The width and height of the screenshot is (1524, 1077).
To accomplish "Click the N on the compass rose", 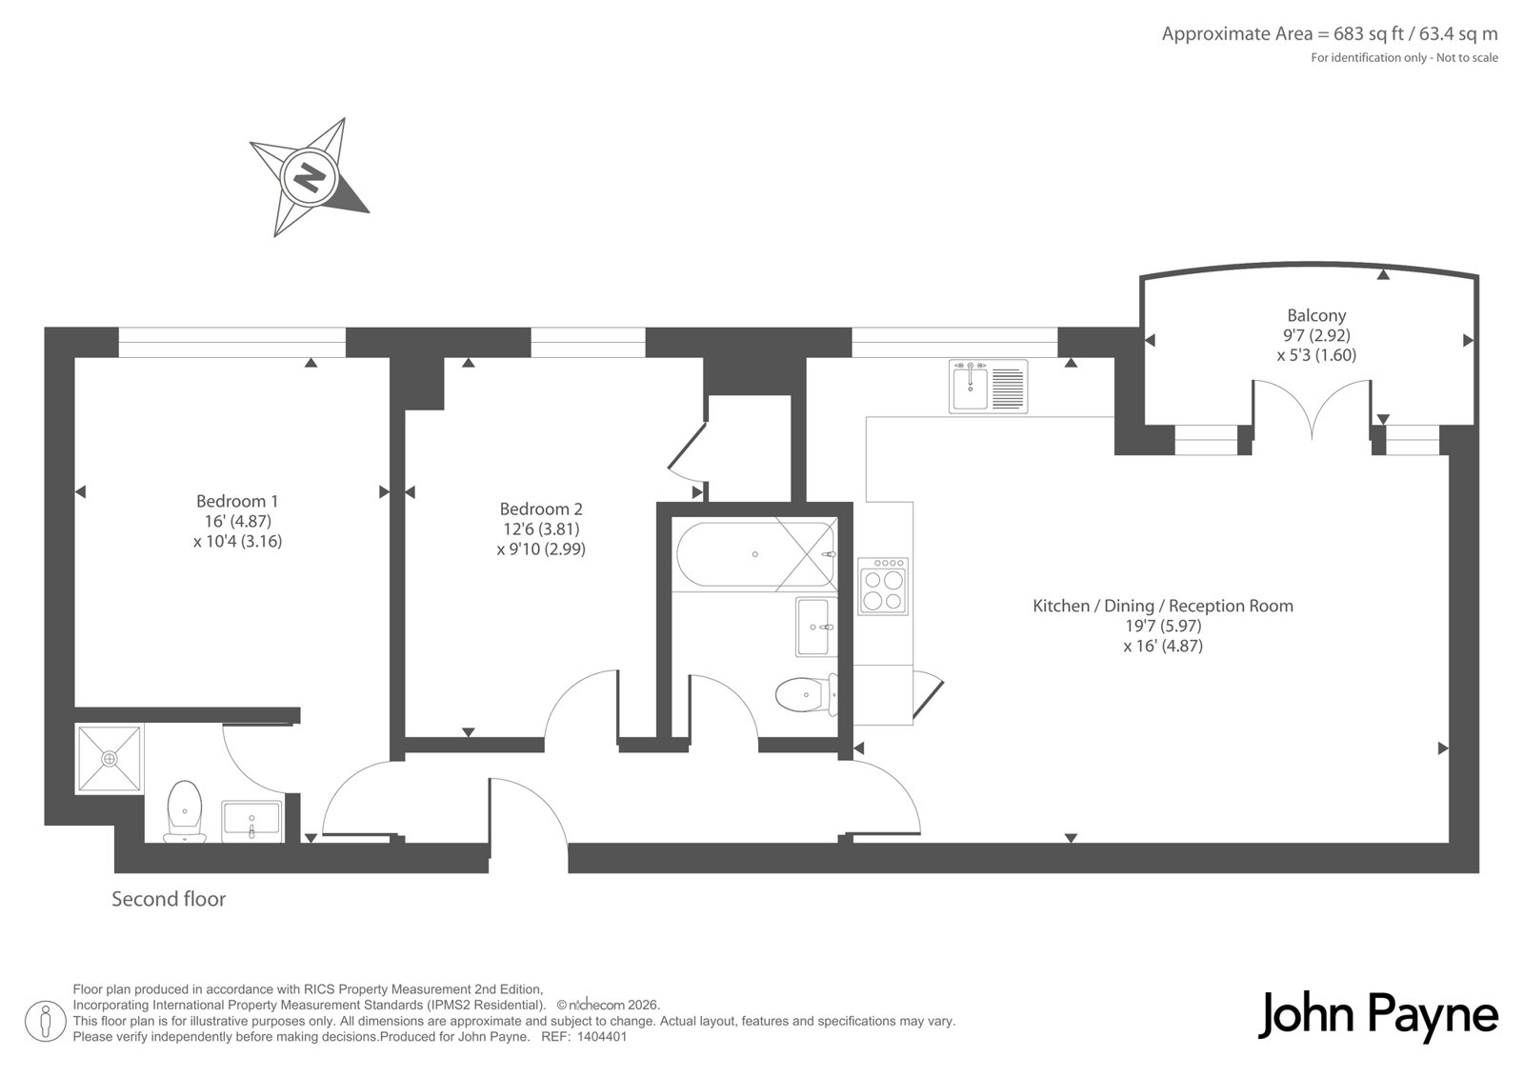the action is [311, 178].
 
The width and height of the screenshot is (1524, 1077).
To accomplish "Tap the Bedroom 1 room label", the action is [237, 502].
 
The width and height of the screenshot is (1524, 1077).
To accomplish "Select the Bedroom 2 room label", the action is [541, 509].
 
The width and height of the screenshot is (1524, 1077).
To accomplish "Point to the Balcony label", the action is [1316, 316].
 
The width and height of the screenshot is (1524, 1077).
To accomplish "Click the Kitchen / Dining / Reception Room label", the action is [1163, 606].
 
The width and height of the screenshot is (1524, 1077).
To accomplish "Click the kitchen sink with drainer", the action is [989, 387].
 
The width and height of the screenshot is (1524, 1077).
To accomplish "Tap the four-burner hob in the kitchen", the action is [882, 586].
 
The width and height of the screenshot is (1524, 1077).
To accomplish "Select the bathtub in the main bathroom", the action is [755, 554].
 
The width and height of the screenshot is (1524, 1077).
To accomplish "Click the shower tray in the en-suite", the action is [110, 759].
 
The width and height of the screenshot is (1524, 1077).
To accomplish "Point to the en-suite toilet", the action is [185, 810].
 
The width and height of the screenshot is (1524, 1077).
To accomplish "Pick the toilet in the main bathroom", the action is [806, 694].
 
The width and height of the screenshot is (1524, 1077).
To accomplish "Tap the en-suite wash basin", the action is [251, 821].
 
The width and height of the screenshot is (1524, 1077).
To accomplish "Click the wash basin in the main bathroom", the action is [815, 627].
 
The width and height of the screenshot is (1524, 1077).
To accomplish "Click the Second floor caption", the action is [169, 900].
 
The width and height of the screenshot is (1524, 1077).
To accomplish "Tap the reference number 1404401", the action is [601, 1037].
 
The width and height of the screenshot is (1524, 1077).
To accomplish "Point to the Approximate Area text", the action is [1330, 34].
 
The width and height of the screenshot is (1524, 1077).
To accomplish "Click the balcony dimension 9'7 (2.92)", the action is [1316, 335].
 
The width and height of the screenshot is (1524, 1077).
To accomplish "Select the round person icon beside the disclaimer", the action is [45, 1021].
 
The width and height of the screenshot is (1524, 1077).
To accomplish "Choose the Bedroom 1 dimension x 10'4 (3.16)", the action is [237, 542].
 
